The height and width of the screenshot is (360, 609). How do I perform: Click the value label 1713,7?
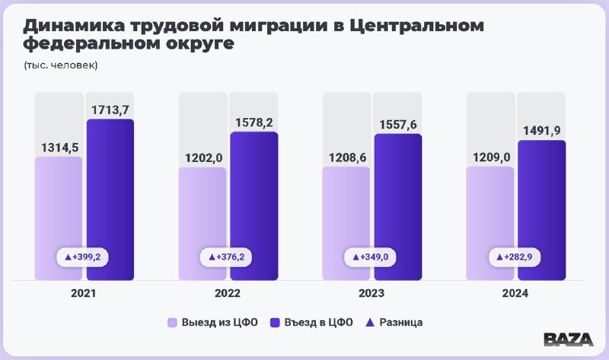pos(110,110)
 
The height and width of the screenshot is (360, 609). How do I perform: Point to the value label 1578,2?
pos(254,122)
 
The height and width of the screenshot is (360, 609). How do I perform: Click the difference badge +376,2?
pos(227,257)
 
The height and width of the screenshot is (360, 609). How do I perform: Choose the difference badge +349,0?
pos(371,257)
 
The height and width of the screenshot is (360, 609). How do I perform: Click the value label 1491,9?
pos(541,130)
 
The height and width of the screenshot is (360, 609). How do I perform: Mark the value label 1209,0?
pos(489,157)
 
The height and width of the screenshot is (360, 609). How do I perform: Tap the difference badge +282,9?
pos(515,257)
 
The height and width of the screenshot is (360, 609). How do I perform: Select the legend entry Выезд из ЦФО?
pos(214,322)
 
